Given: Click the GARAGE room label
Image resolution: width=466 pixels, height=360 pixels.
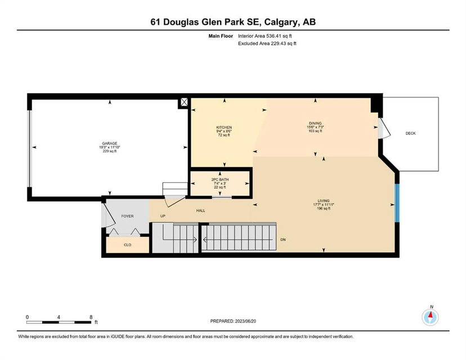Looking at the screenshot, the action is (x=110, y=143).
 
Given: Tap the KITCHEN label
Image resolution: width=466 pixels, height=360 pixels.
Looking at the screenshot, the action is (x=224, y=128).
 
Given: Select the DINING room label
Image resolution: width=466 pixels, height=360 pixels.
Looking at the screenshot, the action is (x=315, y=123).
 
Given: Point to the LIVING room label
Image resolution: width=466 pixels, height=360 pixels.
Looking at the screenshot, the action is (x=324, y=201).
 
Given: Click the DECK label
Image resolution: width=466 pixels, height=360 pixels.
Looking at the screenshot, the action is (x=410, y=133).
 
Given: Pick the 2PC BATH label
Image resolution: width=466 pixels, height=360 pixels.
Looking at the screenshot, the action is (x=220, y=179).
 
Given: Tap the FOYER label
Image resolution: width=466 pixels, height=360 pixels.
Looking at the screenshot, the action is (x=127, y=216).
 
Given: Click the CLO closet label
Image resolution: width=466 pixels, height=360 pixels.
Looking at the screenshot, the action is (x=127, y=245).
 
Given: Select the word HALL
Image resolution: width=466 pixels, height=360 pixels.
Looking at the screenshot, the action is (x=200, y=210).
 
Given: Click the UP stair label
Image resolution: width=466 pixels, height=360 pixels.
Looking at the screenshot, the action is (x=163, y=216).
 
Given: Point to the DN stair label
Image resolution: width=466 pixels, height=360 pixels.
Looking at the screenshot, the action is (x=283, y=240).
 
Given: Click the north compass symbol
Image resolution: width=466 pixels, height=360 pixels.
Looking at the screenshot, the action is (x=430, y=317).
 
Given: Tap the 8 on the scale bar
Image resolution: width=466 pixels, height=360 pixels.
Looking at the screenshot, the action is (x=91, y=317).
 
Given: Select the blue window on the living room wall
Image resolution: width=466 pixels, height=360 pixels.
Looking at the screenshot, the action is (x=397, y=203).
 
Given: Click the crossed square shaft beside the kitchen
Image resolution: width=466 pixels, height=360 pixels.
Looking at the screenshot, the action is (x=184, y=102).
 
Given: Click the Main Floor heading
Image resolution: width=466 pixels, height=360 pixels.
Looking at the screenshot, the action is (x=221, y=36).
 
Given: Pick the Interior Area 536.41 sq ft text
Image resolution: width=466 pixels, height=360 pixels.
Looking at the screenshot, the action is (x=265, y=36).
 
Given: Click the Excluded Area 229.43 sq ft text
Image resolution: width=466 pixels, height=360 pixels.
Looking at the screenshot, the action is (x=267, y=43).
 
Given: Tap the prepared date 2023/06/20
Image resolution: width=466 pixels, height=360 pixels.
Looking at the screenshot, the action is (x=245, y=321).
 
